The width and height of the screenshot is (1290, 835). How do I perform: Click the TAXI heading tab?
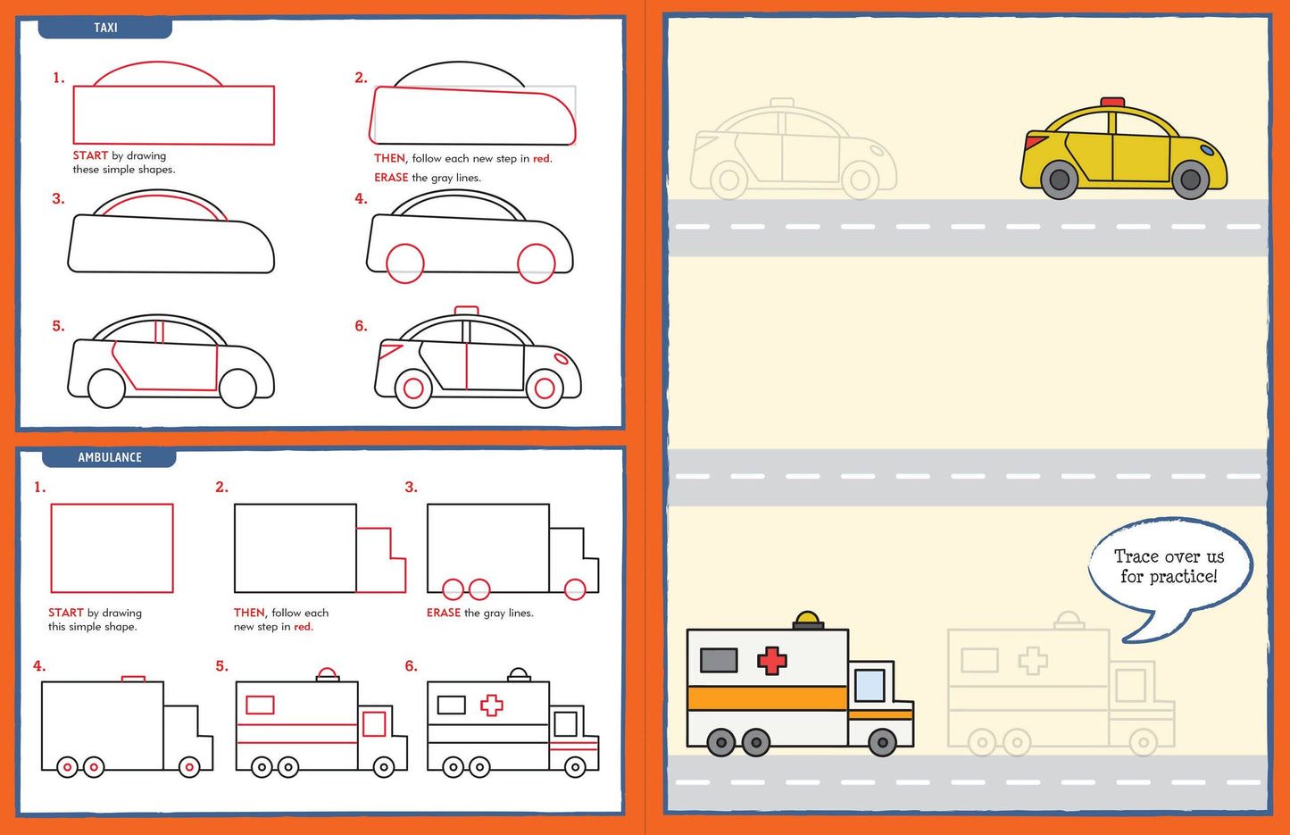pos(105,28)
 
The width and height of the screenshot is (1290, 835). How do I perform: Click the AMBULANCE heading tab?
pos(109,457)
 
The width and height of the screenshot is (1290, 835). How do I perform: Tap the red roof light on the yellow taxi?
pos(1112,103)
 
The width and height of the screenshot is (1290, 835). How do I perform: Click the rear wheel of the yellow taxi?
pos(1060,180)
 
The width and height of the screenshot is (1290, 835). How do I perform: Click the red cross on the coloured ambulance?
pos(772,661)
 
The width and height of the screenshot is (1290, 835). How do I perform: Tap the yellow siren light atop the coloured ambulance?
pos(808,618)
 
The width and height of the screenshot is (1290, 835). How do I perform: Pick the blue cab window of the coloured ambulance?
pos(870,685)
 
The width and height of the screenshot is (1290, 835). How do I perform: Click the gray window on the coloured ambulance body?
pos(719,660)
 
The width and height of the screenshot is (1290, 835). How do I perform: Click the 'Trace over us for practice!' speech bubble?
pos(1169,567)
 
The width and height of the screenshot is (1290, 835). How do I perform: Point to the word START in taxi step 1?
pos(90,155)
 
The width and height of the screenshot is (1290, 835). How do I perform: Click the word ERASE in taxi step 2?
pos(391,178)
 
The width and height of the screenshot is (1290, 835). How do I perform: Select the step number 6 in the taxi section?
pos(361,326)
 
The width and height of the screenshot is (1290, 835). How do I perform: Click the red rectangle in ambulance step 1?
pos(112,547)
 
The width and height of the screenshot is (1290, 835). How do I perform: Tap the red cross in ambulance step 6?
pos(491,706)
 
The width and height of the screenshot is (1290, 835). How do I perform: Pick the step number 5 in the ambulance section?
pos(221,666)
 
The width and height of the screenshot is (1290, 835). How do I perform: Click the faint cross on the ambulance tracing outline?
pos(1033,660)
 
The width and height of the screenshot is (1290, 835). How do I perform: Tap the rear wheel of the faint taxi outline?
pos(728,180)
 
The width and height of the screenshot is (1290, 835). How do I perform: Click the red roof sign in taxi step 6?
pos(466,311)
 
